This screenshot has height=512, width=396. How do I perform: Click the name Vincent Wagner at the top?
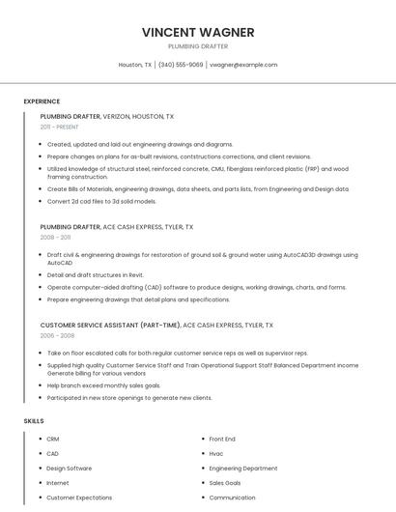[198, 32]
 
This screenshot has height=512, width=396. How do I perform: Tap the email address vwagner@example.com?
[243, 65]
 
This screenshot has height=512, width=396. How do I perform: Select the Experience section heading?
[42, 101]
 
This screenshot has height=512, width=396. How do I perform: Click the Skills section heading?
[34, 421]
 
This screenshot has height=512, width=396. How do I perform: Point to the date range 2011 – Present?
[60, 127]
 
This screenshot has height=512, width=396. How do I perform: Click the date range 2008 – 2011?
[55, 237]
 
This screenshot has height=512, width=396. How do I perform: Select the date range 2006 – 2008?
[55, 335]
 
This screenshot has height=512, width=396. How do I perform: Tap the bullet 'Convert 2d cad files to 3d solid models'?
[101, 201]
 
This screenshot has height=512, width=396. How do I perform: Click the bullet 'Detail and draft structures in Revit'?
[96, 274]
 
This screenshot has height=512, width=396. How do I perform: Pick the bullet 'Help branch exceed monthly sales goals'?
[103, 385]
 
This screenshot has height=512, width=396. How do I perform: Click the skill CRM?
[53, 440]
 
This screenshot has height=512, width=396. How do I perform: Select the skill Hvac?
[216, 454]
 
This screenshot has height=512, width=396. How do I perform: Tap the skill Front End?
[222, 440]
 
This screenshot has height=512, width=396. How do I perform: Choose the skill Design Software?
[70, 469]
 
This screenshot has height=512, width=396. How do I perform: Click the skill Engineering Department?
[243, 469]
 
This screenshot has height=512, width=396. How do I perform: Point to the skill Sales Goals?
[225, 483]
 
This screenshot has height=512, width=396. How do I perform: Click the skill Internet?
[58, 483]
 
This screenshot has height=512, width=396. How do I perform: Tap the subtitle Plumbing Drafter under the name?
[198, 46]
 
